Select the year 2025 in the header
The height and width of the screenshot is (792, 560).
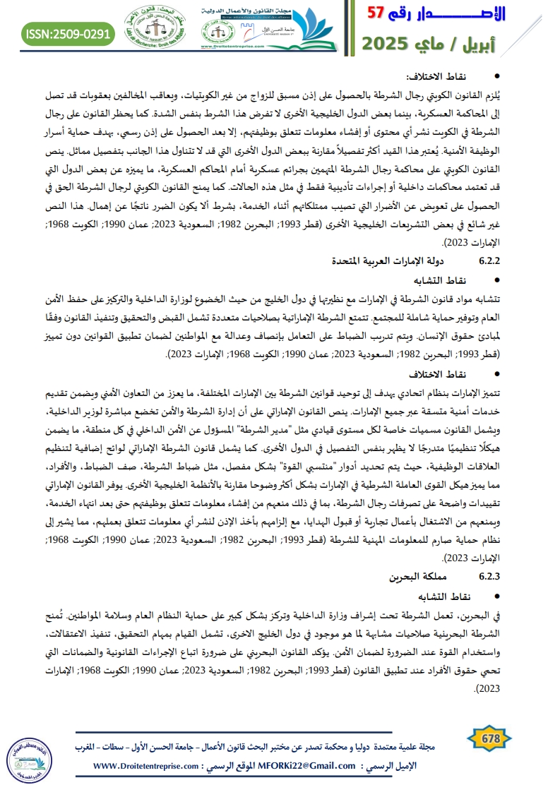388,43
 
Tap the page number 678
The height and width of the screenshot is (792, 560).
490,739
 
